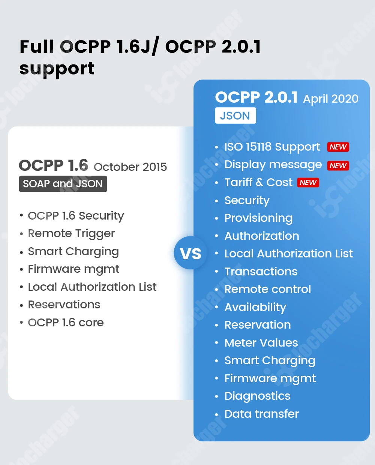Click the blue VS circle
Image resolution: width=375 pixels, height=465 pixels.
click(x=190, y=254)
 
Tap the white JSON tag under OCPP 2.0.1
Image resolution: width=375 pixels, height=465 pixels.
click(x=235, y=115)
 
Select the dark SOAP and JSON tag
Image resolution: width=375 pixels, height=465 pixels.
click(x=63, y=184)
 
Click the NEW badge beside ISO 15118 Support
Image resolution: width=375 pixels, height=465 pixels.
click(x=338, y=147)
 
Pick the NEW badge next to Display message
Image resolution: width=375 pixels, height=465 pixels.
click(x=338, y=165)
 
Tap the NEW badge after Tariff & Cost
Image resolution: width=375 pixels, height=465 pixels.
click(x=308, y=182)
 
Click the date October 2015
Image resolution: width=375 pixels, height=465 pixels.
click(x=130, y=167)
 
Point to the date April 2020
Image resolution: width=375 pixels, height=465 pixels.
click(x=330, y=99)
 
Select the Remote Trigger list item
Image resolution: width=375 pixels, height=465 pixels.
click(x=71, y=233)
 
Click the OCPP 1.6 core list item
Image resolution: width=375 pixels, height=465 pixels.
click(x=66, y=322)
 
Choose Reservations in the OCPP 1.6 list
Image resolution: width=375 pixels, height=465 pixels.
click(x=64, y=305)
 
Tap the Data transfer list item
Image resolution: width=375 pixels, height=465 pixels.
click(x=261, y=414)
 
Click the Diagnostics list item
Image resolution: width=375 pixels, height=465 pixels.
click(x=257, y=396)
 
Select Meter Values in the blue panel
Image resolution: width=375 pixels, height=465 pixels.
click(x=261, y=342)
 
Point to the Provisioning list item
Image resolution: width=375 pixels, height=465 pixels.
click(x=258, y=218)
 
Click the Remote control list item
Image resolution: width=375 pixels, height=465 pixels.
click(x=267, y=289)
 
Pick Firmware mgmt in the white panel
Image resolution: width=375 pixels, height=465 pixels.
click(x=73, y=269)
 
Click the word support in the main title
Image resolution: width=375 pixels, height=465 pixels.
click(x=57, y=69)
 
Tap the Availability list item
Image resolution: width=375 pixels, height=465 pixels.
click(x=255, y=307)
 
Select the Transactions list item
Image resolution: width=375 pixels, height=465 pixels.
click(x=261, y=272)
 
